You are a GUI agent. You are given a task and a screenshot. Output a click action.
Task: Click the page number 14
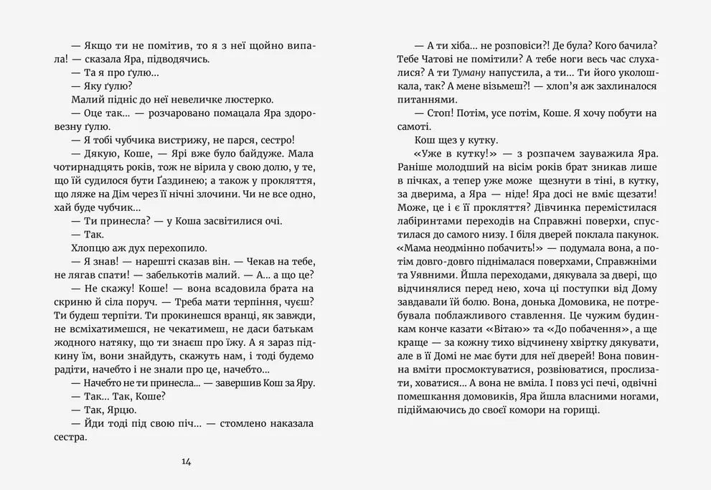point(187,462)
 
